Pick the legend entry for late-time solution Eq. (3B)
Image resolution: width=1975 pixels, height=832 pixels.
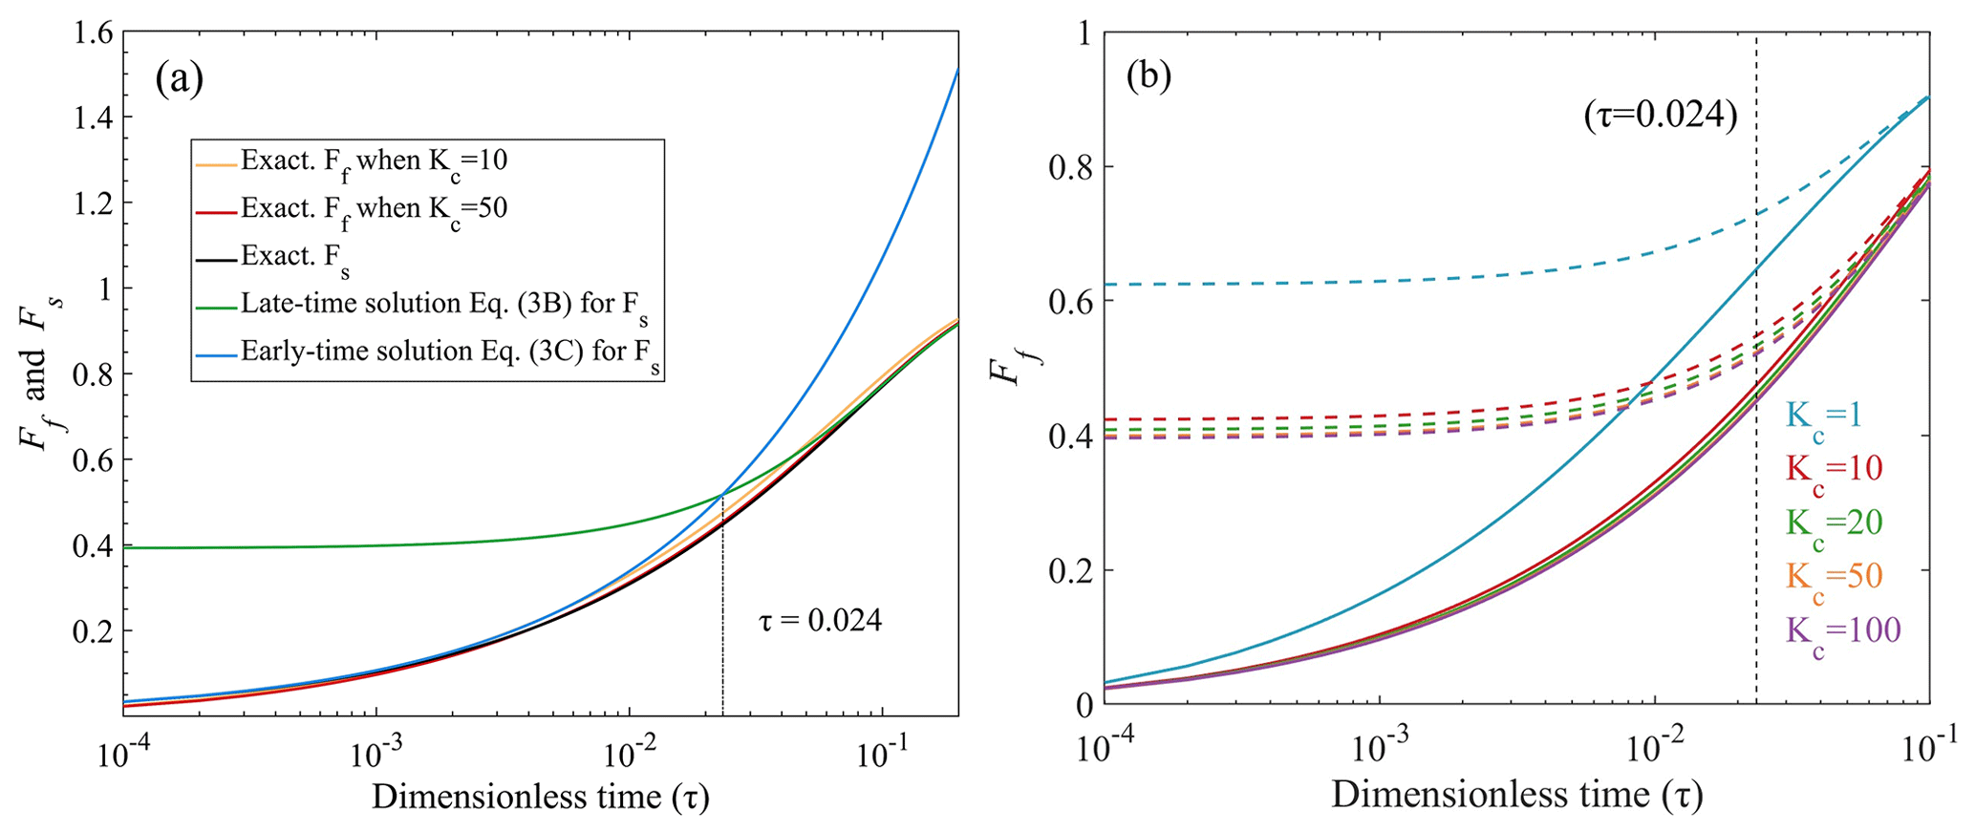tap(449, 306)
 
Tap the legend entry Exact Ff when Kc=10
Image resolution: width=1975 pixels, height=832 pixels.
tap(374, 162)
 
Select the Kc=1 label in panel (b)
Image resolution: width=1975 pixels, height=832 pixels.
tap(1823, 416)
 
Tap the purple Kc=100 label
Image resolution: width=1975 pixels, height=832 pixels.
tap(1842, 631)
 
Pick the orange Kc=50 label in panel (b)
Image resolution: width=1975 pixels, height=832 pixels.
tap(1833, 577)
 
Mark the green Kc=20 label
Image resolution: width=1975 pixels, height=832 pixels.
tap(1833, 523)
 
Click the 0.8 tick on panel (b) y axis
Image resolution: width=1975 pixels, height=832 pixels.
tap(1069, 168)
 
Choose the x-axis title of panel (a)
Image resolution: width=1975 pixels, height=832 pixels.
tap(540, 796)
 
